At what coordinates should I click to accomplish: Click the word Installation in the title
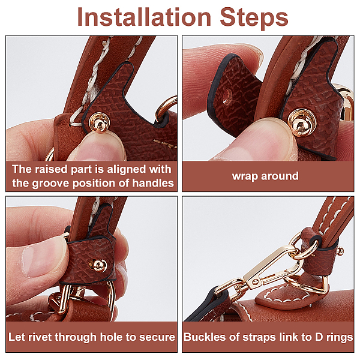click(x=144, y=17)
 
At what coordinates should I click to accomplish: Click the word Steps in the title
click(x=254, y=18)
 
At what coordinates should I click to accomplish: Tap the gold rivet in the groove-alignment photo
click(x=100, y=122)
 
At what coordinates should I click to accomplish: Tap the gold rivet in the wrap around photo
click(x=302, y=123)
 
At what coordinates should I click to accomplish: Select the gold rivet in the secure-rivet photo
click(x=98, y=265)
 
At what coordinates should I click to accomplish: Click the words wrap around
click(x=265, y=176)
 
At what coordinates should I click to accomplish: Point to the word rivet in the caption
click(x=39, y=337)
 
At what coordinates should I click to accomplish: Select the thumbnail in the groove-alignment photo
click(x=99, y=147)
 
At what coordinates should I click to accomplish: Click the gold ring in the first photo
click(x=166, y=107)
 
